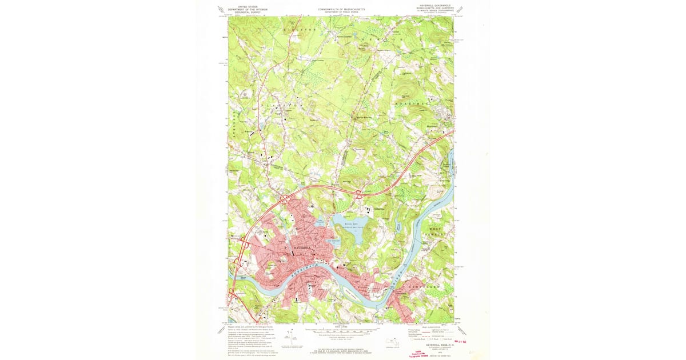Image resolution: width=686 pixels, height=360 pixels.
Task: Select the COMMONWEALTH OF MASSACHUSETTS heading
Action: pos(341,9)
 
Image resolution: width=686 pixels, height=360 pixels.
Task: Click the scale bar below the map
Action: pos(341,331)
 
